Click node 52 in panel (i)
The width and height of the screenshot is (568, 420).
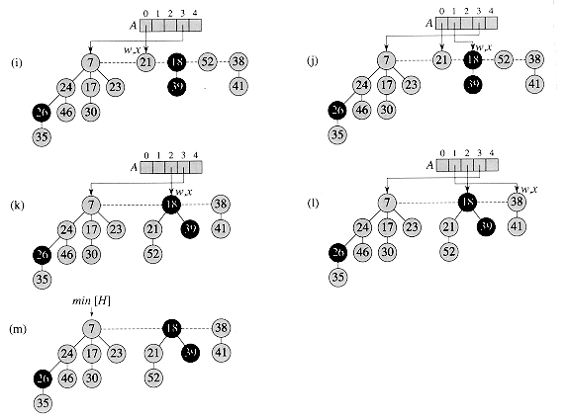(x=208, y=62)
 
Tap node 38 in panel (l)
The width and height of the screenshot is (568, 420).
(x=517, y=203)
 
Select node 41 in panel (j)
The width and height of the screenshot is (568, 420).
(x=534, y=83)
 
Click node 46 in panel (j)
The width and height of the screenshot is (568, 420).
(x=362, y=110)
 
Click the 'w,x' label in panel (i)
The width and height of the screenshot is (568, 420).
(x=132, y=46)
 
